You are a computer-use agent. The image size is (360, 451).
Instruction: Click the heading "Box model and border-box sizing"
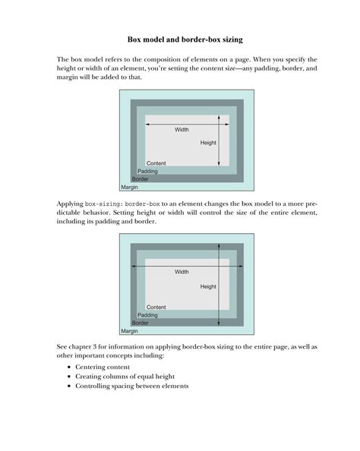click(x=185, y=39)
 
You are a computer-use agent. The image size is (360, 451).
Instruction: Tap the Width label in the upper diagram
click(x=182, y=130)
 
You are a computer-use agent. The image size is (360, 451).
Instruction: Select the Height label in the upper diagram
click(x=208, y=143)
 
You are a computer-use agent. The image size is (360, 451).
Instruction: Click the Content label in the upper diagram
click(x=156, y=163)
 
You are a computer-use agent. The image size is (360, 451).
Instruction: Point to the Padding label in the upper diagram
click(x=147, y=171)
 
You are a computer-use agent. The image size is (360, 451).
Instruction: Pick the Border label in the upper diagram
click(x=141, y=179)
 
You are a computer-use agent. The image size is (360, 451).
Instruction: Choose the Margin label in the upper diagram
click(x=129, y=188)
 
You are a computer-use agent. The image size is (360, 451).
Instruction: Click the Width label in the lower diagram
click(x=182, y=272)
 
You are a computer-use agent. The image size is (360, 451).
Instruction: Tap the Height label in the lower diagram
click(x=208, y=286)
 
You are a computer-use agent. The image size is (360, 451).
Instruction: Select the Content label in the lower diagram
click(x=156, y=307)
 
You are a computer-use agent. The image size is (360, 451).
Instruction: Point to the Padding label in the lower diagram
click(x=147, y=315)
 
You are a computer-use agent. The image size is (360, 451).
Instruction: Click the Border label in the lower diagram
click(x=141, y=323)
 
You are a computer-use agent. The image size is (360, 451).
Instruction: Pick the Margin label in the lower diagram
click(x=129, y=331)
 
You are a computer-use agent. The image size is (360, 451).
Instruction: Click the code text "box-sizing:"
click(x=104, y=204)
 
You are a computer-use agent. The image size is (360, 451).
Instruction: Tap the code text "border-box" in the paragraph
click(x=142, y=204)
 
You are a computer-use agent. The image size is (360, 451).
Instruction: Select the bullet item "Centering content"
click(x=103, y=367)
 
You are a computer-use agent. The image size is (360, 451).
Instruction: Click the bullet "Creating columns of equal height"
click(x=125, y=377)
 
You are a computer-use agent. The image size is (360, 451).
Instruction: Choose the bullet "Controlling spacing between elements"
click(x=132, y=386)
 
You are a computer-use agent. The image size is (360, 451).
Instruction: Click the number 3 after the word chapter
click(x=95, y=347)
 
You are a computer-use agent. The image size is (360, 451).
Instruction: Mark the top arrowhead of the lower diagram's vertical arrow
click(x=219, y=245)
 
